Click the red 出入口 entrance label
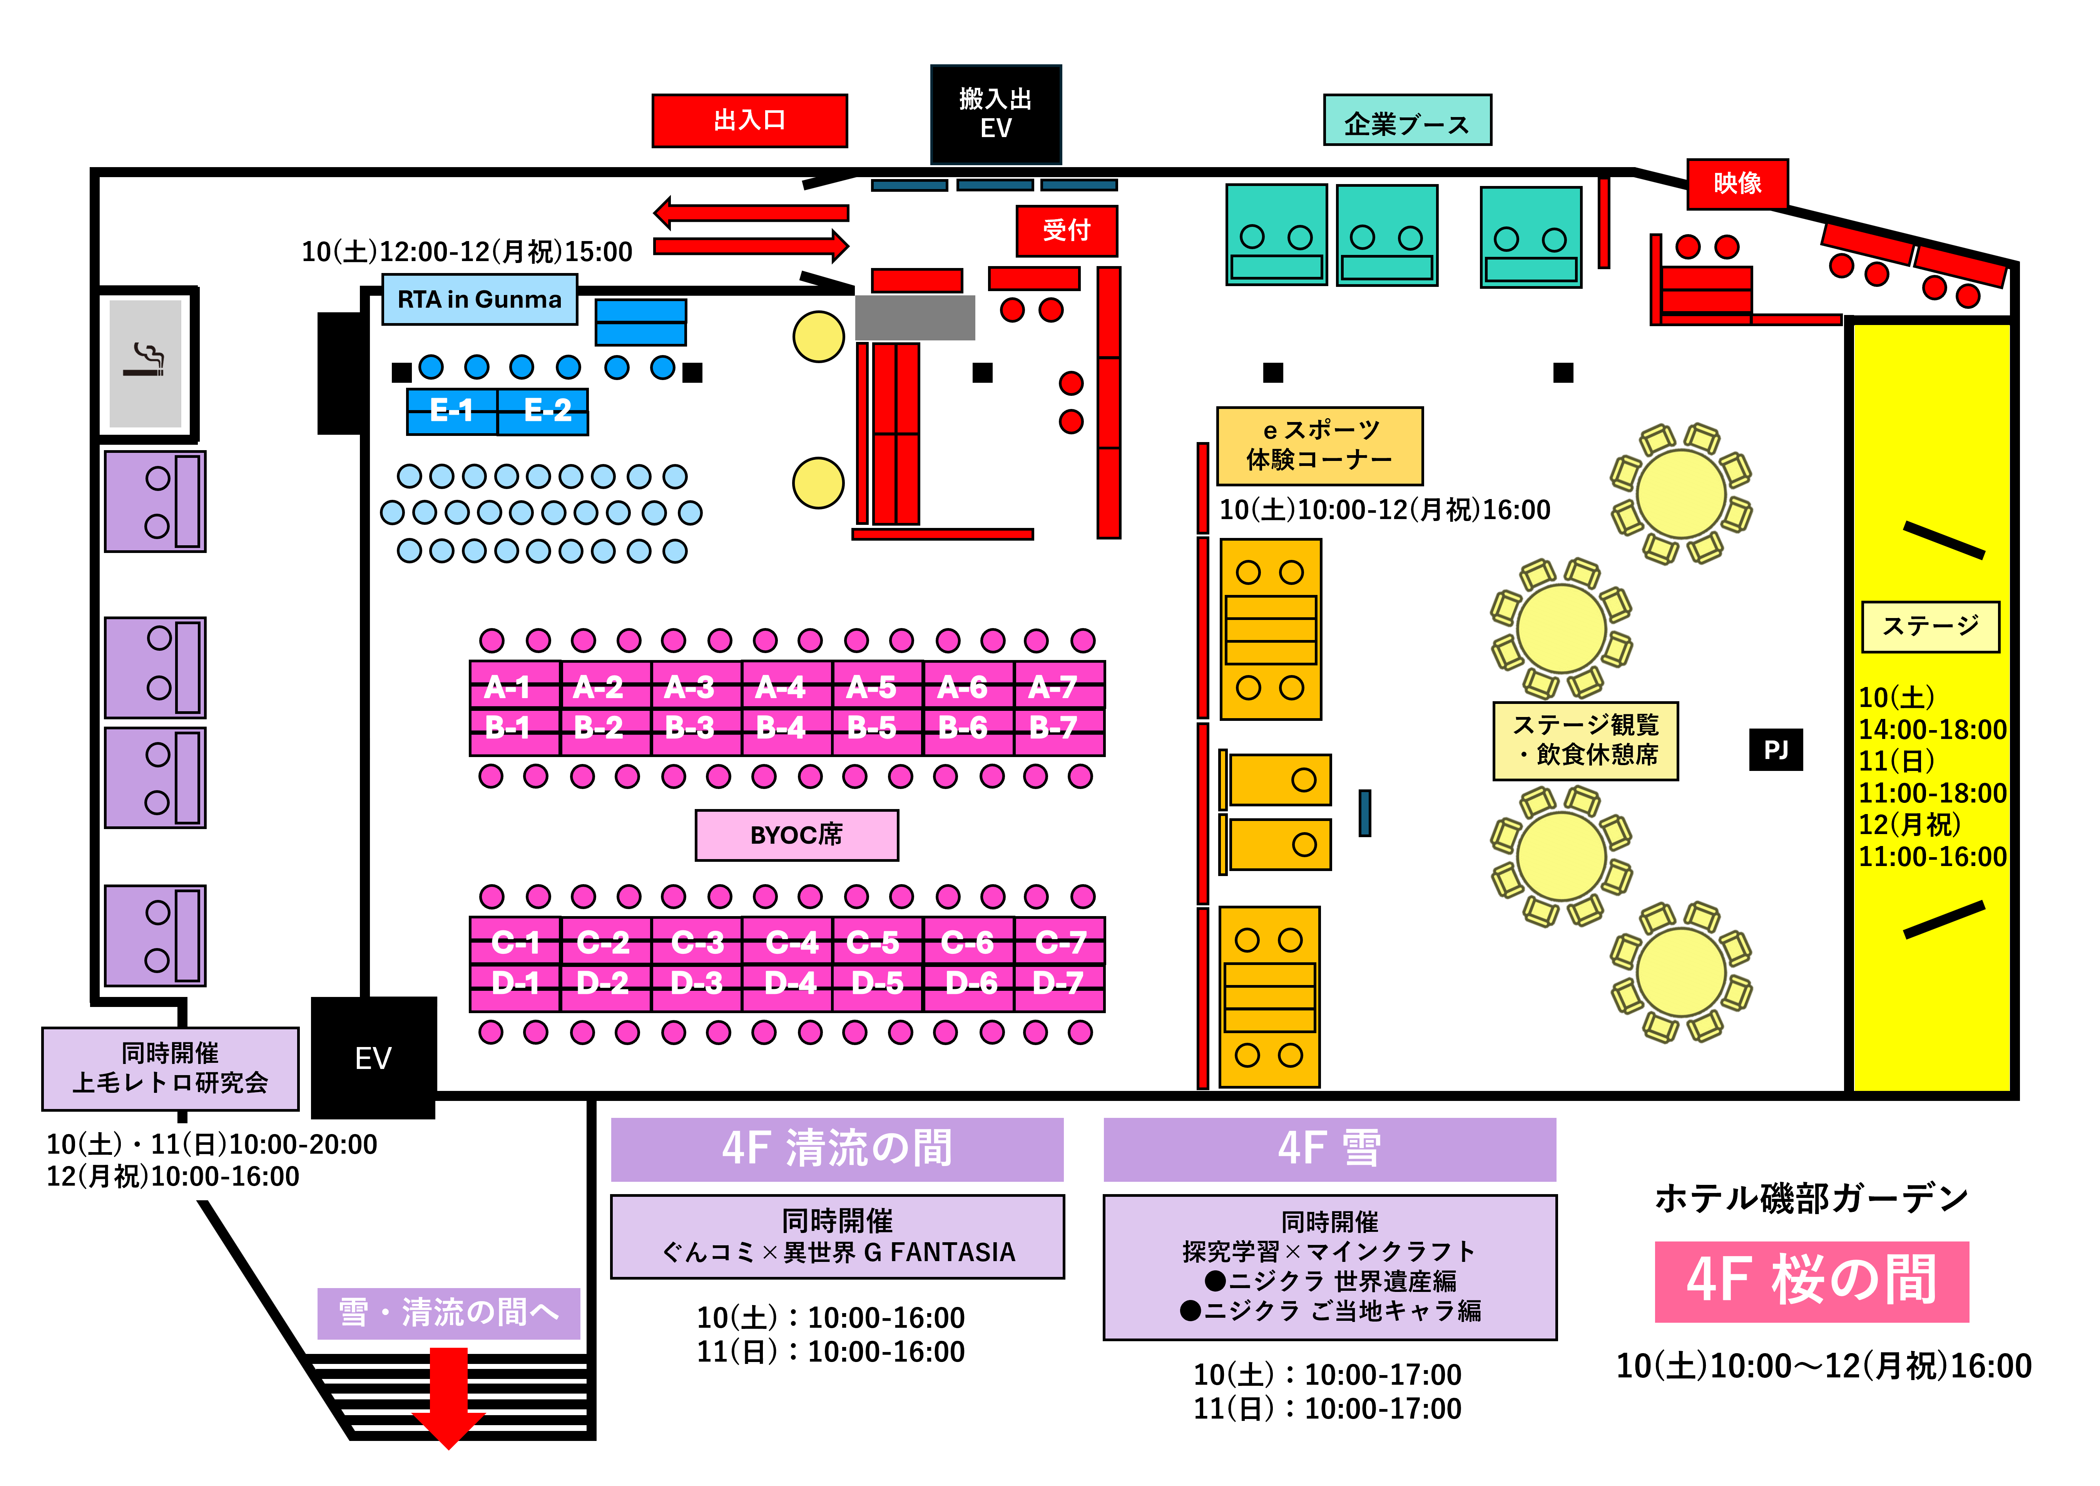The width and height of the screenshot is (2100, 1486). [x=749, y=120]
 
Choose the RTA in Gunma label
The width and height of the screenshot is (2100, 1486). [x=479, y=299]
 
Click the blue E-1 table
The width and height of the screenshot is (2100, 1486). [x=452, y=410]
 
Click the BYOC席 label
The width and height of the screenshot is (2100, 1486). [x=796, y=834]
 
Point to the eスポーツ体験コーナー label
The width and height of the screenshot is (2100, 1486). [x=1319, y=446]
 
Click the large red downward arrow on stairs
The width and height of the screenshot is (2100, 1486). [x=448, y=1396]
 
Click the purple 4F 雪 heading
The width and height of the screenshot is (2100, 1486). [x=1329, y=1148]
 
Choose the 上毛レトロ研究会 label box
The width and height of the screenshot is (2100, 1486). [x=170, y=1068]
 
